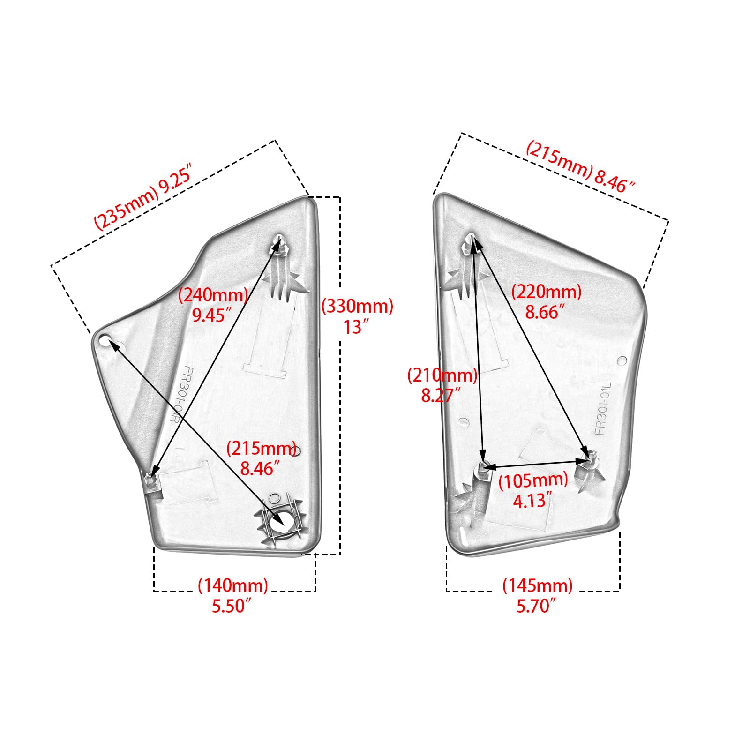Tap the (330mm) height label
tap(357, 307)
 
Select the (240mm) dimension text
tap(213, 295)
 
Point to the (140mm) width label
tap(233, 585)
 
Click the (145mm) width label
tap(538, 585)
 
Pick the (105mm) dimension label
tap(533, 480)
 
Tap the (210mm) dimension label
tap(442, 375)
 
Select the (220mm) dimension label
tap(546, 292)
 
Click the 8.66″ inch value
tap(544, 312)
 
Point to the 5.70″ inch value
tap(536, 606)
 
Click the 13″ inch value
tap(356, 327)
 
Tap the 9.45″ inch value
tap(212, 315)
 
